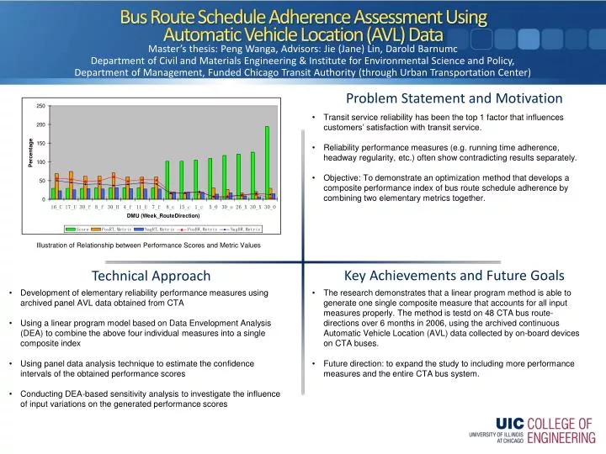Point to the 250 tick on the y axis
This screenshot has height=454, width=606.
(41, 106)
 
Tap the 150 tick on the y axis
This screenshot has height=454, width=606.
(41, 144)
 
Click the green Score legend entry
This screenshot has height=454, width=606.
(81, 229)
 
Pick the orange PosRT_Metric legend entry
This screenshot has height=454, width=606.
(113, 229)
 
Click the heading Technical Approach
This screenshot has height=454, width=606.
(151, 276)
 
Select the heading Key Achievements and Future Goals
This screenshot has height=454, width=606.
(454, 275)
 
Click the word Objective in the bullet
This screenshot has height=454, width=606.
(343, 178)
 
